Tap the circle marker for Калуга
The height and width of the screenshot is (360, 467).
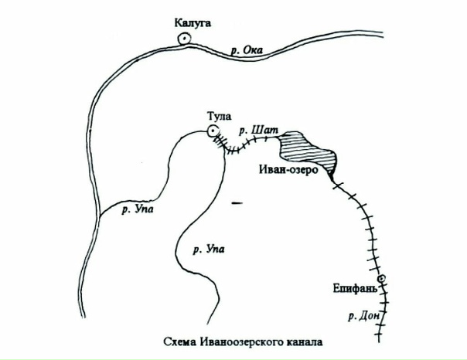click(186, 39)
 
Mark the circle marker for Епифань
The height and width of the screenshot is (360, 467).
click(380, 279)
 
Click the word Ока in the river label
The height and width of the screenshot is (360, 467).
click(253, 51)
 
